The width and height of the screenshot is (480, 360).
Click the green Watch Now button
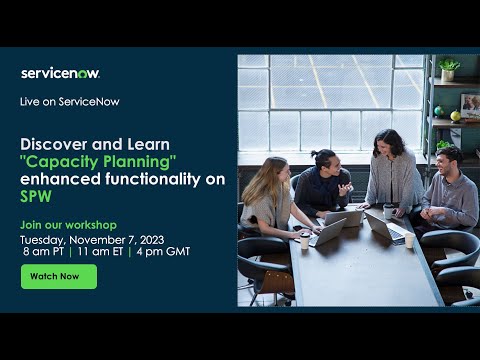[58, 276]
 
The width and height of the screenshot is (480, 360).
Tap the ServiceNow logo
[60, 73]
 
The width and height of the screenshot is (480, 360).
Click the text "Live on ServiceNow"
[67, 102]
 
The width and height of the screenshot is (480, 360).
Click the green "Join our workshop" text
[68, 224]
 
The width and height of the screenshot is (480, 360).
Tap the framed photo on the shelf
[469, 103]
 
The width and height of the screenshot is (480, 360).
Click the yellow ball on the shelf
[456, 116]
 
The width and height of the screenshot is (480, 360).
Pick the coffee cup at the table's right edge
[409, 240]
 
